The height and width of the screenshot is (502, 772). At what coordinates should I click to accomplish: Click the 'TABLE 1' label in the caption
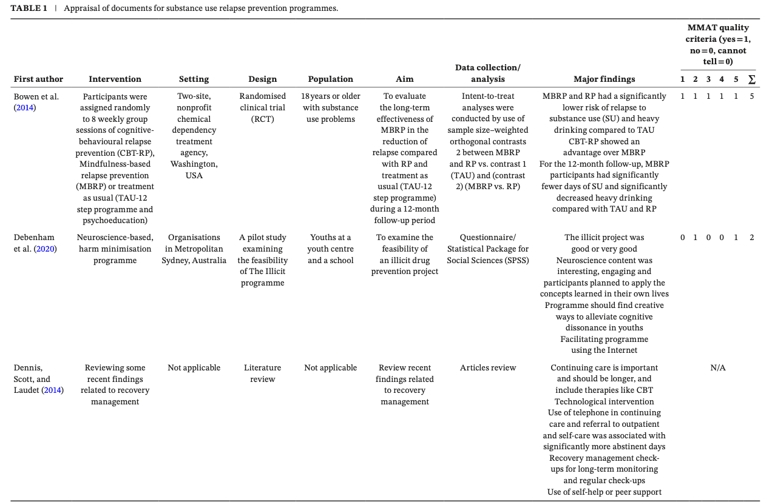coord(29,8)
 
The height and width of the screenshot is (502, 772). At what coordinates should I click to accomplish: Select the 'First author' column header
coord(38,79)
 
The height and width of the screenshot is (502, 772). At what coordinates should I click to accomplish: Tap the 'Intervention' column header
coord(115,79)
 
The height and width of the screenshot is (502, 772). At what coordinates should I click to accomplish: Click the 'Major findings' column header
coord(604,79)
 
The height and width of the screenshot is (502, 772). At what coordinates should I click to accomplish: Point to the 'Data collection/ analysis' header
coord(488,73)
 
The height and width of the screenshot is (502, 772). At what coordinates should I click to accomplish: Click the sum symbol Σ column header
coord(752,79)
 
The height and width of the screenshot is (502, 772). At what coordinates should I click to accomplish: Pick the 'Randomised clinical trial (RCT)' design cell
coord(262,107)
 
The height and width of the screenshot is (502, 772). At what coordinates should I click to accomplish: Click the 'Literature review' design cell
coord(262,373)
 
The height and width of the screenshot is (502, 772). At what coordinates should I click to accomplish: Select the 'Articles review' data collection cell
coord(488,367)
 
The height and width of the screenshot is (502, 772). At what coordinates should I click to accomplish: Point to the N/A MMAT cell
coord(718,367)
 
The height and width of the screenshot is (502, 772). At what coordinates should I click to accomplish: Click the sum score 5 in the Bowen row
coord(752,96)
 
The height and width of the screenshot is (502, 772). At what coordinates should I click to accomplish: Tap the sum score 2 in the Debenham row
coord(752,237)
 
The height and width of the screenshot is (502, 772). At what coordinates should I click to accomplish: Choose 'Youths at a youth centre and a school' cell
coord(330,249)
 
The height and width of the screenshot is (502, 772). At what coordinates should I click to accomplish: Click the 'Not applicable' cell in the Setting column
coord(194,367)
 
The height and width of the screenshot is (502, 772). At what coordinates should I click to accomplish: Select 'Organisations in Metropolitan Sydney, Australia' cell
coord(194,249)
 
